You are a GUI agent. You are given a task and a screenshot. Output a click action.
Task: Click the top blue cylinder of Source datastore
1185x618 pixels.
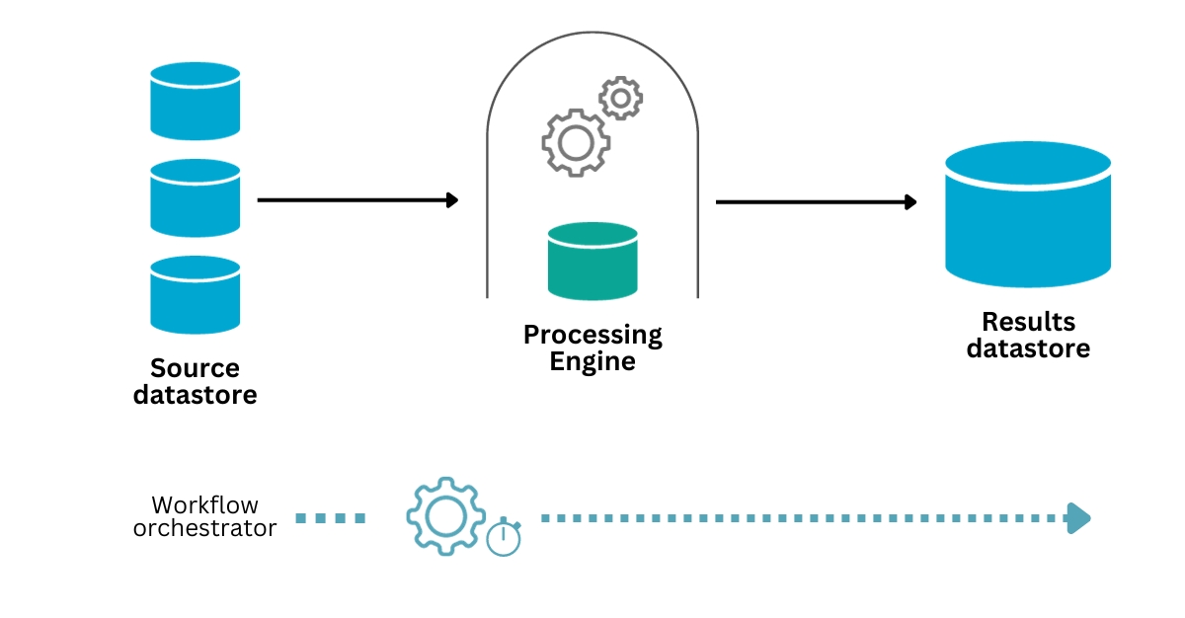[196, 101]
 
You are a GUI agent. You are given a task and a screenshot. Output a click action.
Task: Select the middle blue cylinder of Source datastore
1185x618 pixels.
[196, 197]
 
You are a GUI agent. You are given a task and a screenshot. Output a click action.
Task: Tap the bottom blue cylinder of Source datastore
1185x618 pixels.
[196, 294]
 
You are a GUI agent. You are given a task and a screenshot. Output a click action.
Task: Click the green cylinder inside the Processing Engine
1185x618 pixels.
[592, 262]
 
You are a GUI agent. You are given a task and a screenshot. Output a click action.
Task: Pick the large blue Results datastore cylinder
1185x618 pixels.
[1028, 214]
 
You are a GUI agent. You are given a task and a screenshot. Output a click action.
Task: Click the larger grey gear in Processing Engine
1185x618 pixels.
[575, 143]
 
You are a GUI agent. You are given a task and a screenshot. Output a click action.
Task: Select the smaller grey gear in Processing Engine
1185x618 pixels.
[621, 98]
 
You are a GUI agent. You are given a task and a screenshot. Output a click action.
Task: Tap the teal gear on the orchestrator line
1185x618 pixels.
[445, 515]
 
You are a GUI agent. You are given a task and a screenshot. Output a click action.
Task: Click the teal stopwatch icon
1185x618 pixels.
[504, 537]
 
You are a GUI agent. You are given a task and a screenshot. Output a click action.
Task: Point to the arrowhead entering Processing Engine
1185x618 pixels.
[453, 200]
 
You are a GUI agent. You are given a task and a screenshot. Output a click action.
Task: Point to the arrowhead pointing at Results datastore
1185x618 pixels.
[910, 202]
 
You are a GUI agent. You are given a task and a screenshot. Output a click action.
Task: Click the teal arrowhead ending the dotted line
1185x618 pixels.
[1079, 517]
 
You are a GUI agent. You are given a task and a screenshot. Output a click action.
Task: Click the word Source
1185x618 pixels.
[195, 368]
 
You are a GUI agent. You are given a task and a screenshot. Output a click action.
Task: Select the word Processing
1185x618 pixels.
[592, 335]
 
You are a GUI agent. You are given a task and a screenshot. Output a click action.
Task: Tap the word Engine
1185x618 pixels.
[592, 361]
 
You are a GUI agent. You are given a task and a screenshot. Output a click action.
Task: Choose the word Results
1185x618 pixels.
[1028, 322]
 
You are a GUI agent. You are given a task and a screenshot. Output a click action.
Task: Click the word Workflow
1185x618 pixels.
[204, 504]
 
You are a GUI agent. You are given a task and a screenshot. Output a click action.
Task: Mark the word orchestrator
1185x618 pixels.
[204, 528]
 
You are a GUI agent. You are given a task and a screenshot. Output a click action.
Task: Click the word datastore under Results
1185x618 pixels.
[1028, 348]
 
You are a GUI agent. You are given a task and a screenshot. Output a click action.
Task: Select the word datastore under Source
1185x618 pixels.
[195, 395]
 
